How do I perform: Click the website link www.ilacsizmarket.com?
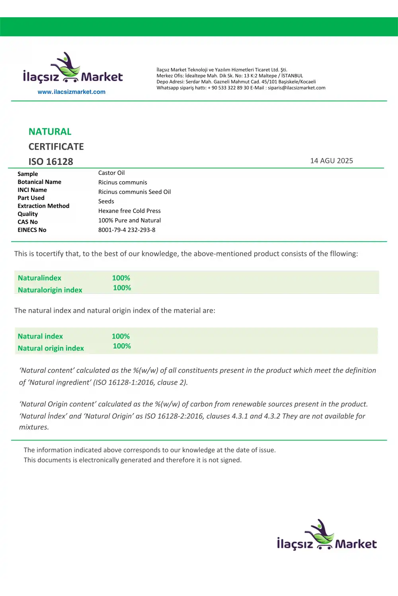pos(72,92)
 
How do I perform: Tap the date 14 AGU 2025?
pos(332,161)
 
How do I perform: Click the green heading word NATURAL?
pos(50,132)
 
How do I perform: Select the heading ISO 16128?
pos(51,162)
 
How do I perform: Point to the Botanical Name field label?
pos(39,182)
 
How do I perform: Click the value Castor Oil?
pos(111,173)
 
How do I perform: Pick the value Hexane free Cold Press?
pos(129,211)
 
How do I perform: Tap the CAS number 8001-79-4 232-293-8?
pos(127,230)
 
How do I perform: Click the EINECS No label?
pos(32,230)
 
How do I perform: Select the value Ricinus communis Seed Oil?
pos(135,192)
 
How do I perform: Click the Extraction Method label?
pos(43,206)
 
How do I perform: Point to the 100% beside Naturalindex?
pos(121,278)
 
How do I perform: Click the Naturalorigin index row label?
pos(50,290)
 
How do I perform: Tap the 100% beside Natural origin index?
pos(122,346)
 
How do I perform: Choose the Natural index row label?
pos(40,337)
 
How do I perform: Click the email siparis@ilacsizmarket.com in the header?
pos(297,88)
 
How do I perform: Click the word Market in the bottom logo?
pos(356,544)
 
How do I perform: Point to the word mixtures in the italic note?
pos(34,428)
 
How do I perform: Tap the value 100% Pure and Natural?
pos(129,221)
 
